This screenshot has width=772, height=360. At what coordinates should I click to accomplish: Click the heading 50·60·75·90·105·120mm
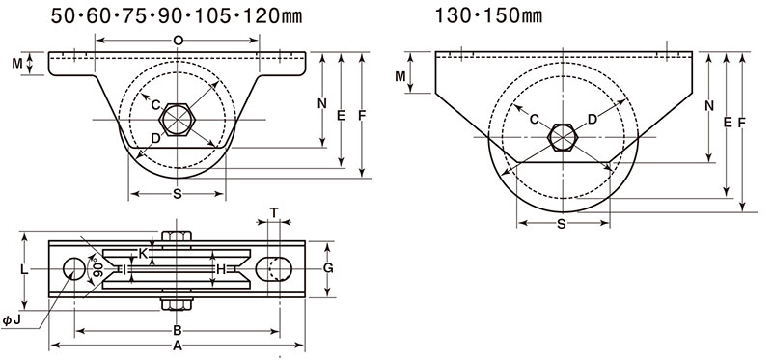click(x=177, y=15)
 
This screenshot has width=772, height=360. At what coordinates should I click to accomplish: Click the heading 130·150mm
click(x=488, y=15)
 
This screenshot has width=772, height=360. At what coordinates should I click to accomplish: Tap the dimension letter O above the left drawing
click(x=178, y=41)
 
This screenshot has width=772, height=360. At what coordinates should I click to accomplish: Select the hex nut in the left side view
click(x=178, y=119)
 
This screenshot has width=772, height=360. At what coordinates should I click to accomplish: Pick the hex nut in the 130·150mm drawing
click(x=563, y=137)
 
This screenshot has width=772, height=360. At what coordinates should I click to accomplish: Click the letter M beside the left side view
click(x=17, y=64)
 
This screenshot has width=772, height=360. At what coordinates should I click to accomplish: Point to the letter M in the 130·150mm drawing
click(x=400, y=76)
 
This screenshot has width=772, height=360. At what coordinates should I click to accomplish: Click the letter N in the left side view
click(x=322, y=103)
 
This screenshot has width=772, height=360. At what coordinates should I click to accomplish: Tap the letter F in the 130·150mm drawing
click(x=742, y=123)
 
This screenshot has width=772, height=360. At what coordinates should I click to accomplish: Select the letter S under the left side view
click(x=178, y=194)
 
